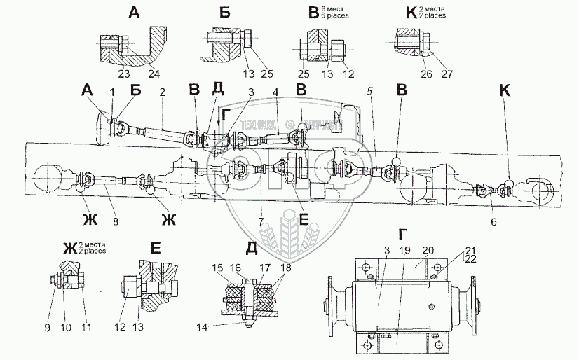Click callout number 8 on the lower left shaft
pyautogui.click(x=116, y=222)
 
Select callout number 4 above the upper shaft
pyautogui.click(x=275, y=91)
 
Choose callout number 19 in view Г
pyautogui.click(x=403, y=249)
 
